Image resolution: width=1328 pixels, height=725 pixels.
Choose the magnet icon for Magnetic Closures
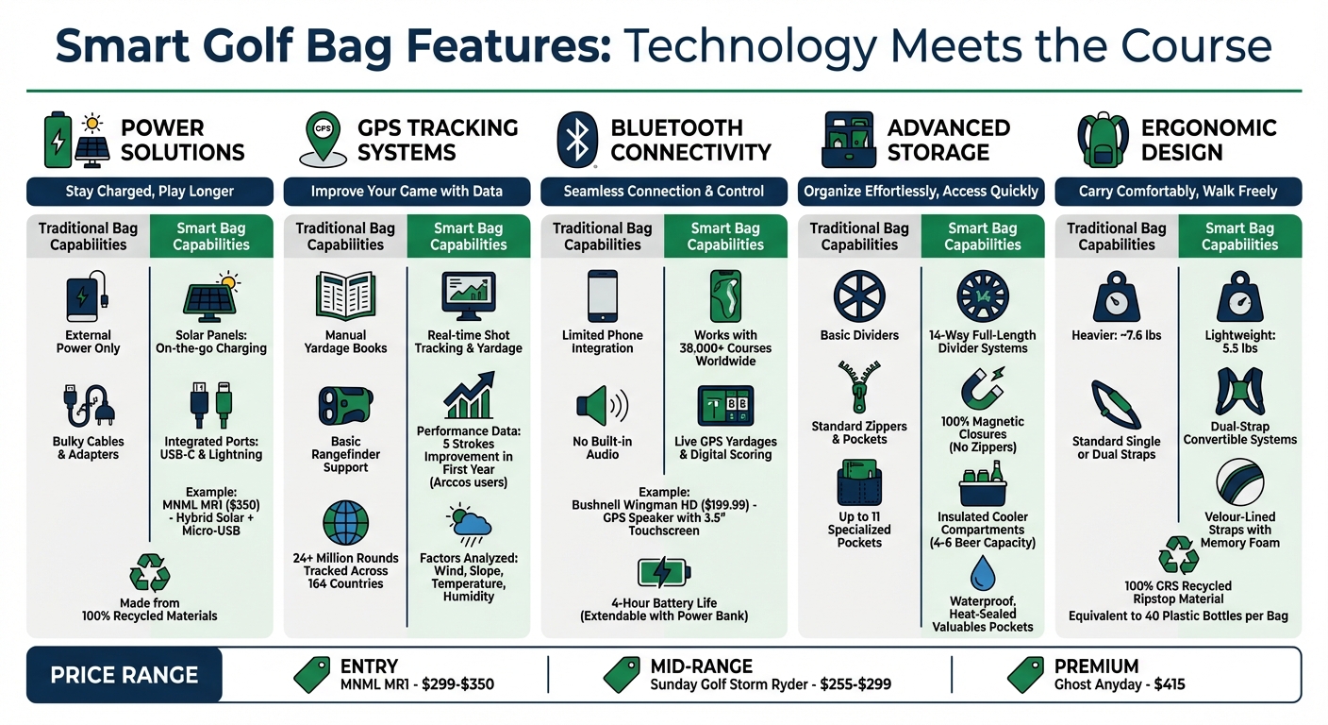982,388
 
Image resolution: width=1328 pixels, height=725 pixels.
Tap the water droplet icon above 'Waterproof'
983,573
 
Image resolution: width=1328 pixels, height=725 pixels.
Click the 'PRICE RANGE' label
124,675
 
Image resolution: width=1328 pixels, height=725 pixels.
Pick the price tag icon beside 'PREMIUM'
1026,674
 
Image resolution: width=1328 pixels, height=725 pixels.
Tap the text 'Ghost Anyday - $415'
1120,684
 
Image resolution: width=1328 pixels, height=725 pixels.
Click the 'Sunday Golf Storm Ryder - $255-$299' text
771,684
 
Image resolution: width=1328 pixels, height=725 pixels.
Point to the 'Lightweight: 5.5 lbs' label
1239,342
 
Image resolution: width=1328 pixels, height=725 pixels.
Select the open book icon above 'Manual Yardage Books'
345,296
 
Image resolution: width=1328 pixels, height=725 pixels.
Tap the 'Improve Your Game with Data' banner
407,192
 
